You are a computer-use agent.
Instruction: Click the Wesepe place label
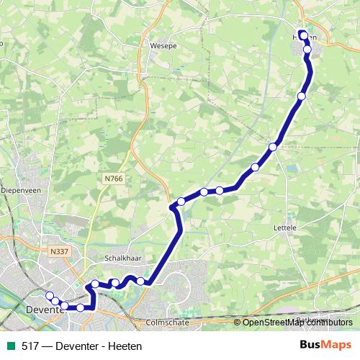[x=163, y=45]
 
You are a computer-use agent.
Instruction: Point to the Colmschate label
[x=167, y=323]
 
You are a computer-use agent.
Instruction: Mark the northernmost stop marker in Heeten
[x=303, y=35]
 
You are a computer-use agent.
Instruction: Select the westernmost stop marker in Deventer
[x=50, y=295]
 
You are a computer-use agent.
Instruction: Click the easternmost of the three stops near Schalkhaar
[x=140, y=281]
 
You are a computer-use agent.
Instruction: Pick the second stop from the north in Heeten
[x=307, y=50]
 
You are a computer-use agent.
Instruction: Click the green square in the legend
[x=9, y=345]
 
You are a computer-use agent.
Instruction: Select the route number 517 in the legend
[x=30, y=346]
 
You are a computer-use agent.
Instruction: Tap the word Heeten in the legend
[x=125, y=346]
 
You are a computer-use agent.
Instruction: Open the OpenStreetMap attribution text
[x=272, y=322]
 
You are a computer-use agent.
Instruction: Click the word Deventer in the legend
[x=78, y=346]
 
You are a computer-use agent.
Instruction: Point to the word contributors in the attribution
[x=328, y=322]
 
